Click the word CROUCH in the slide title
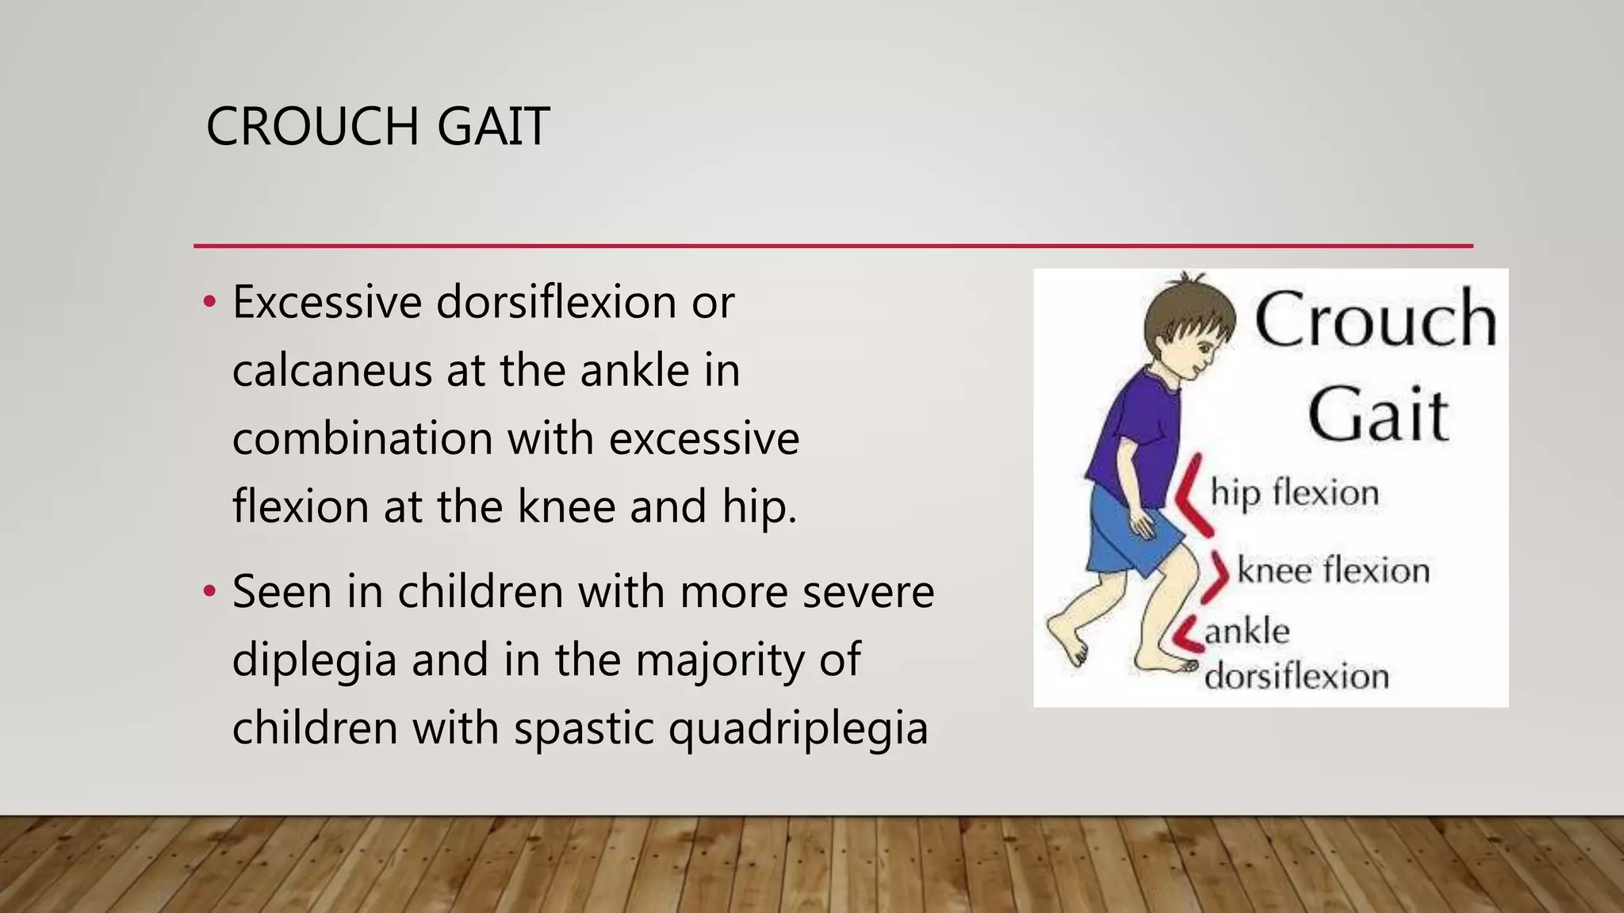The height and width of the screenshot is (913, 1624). click(312, 127)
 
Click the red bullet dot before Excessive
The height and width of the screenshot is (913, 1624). click(209, 302)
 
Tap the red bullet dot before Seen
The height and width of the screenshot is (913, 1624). click(209, 591)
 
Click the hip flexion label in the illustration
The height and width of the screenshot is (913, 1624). click(1294, 494)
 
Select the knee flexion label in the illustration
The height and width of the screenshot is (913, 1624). click(1333, 571)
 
